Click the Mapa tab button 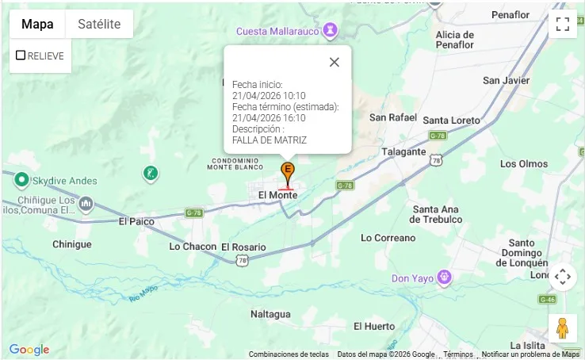coord(37,24)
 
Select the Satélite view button coord(99,24)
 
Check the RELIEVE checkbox coord(21,56)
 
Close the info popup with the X coord(334,63)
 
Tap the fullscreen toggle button coord(563,24)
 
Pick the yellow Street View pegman coord(562,328)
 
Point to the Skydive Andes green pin coord(22,180)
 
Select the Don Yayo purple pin coord(445,278)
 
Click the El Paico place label coord(136,221)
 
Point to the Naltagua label coord(271,315)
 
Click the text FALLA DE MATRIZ coord(270,140)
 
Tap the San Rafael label coord(392,117)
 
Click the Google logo coord(29,350)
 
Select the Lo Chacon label coord(193,247)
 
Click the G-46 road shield coord(547,299)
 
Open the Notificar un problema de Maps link coord(530,354)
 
